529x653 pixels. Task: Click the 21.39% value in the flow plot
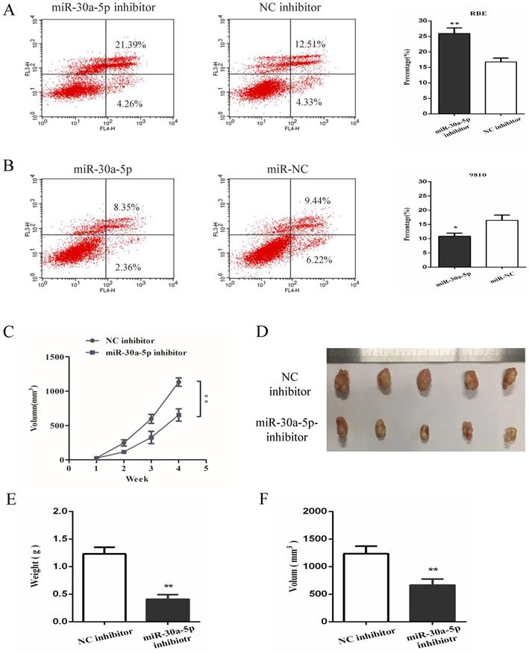click(131, 45)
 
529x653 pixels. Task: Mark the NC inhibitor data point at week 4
click(178, 382)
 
